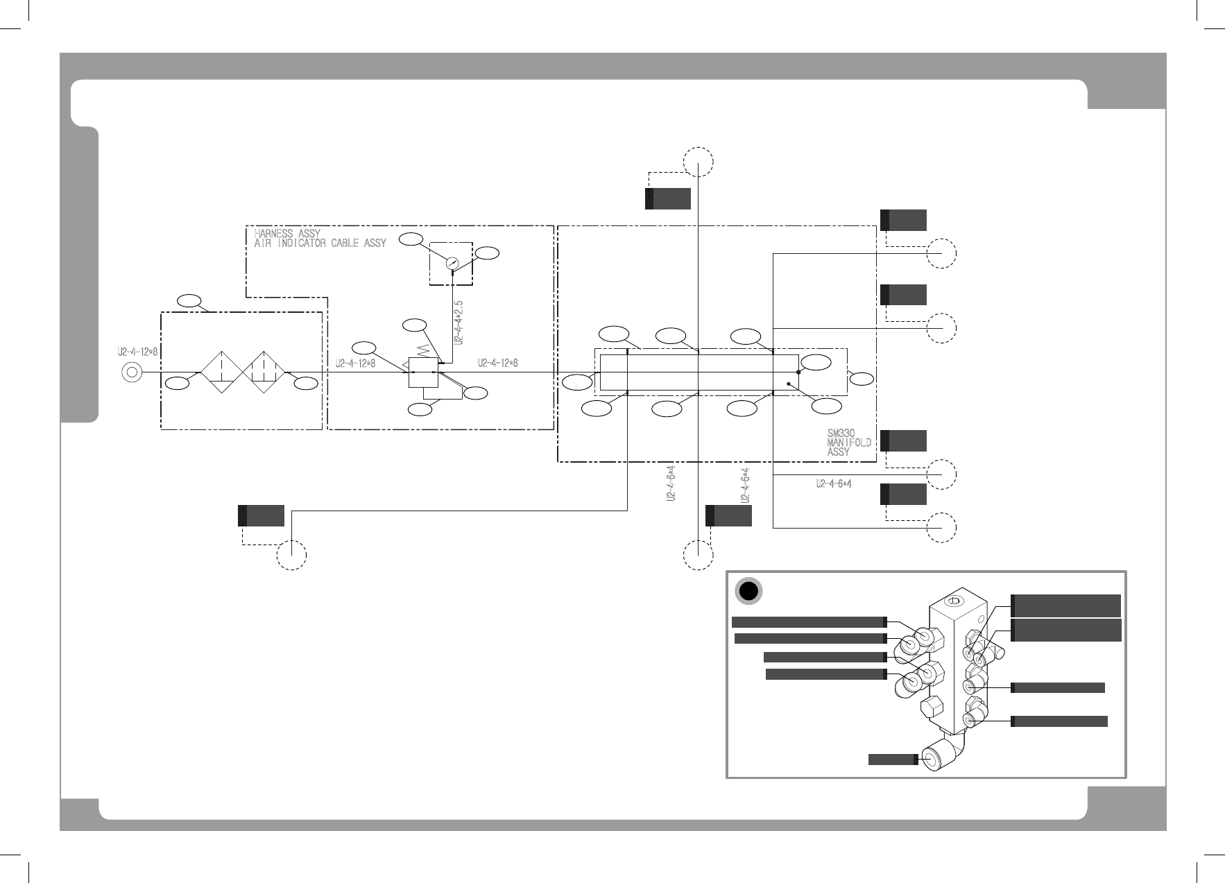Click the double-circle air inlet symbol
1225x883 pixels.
tap(131, 372)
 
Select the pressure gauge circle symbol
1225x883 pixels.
tap(452, 263)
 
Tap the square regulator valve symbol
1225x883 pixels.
tap(423, 372)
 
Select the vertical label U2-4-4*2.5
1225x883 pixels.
tap(459, 323)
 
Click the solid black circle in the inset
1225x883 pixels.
tap(748, 591)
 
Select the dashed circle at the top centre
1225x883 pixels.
tap(698, 162)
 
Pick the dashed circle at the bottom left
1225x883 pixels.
tap(292, 555)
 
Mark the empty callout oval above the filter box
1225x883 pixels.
tap(189, 301)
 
